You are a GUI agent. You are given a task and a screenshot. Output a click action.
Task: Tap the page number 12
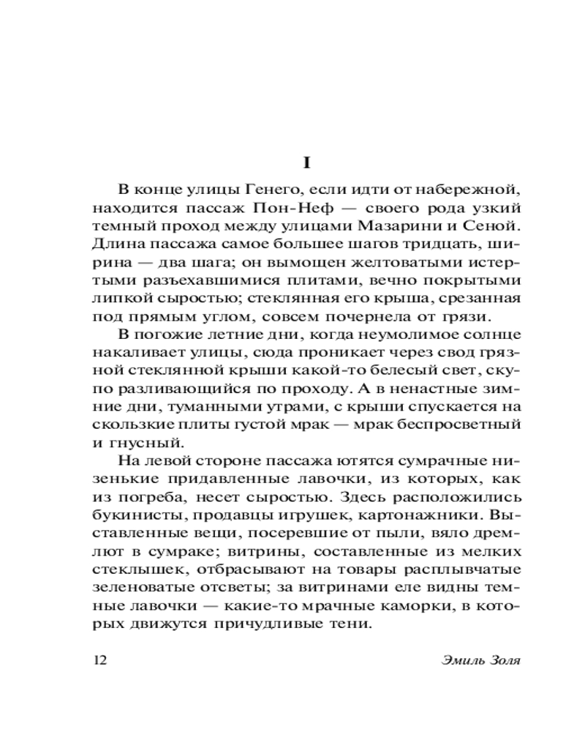click(101, 660)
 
